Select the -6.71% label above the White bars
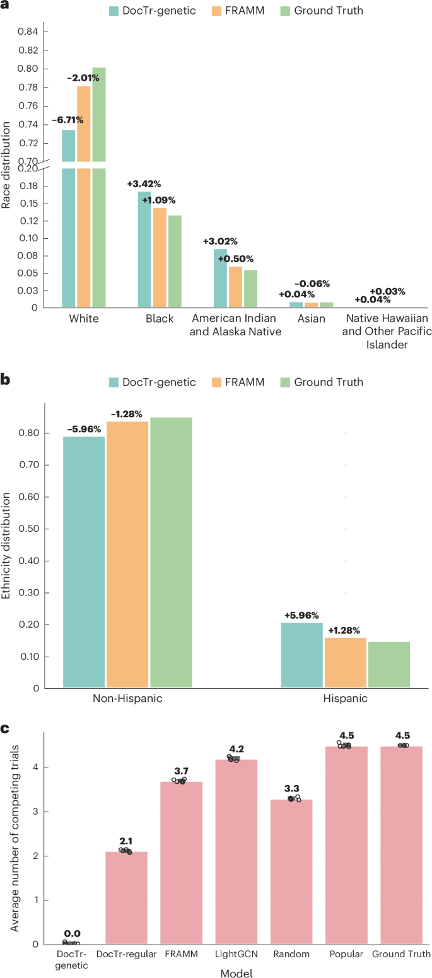[x=67, y=120]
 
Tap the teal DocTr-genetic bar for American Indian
[x=220, y=278]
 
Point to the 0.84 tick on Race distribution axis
[x=28, y=32]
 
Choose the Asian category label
[x=312, y=319]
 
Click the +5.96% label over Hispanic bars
[x=301, y=616]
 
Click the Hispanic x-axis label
[x=345, y=698]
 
